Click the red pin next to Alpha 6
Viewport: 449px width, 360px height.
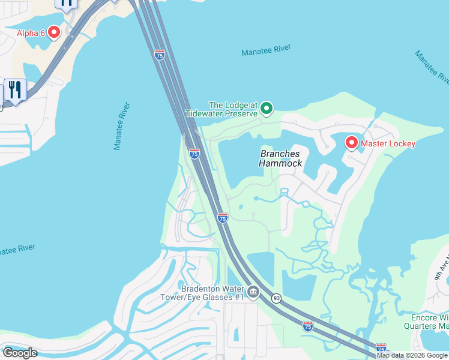[54, 32]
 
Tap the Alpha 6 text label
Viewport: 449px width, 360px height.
[31, 33]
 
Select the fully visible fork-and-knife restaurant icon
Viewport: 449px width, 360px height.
[14, 90]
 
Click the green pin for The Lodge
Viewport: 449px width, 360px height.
[267, 109]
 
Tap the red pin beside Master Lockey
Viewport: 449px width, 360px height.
[351, 142]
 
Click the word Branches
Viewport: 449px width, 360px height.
[280, 154]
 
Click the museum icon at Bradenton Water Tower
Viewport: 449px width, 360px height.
[253, 292]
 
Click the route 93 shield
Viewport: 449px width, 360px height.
[276, 298]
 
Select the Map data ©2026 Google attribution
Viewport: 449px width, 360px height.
[412, 355]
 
